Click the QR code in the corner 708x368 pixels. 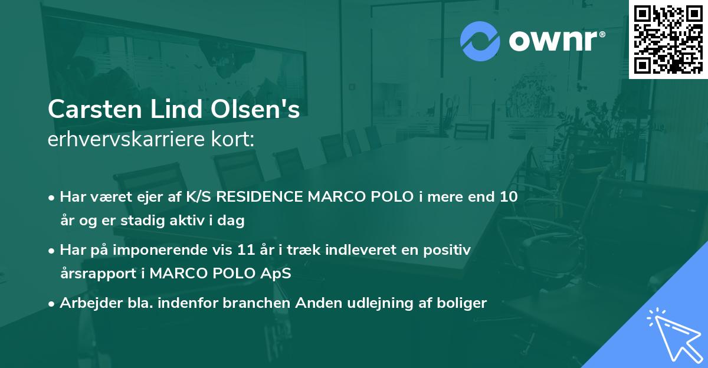(668, 40)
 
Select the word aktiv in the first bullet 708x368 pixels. (198, 222)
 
